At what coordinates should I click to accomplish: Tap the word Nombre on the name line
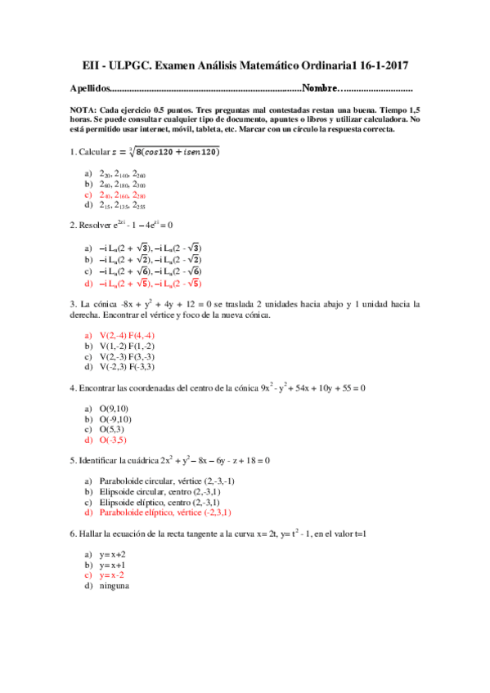click(x=320, y=88)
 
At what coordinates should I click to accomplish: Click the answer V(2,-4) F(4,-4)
click(x=127, y=335)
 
